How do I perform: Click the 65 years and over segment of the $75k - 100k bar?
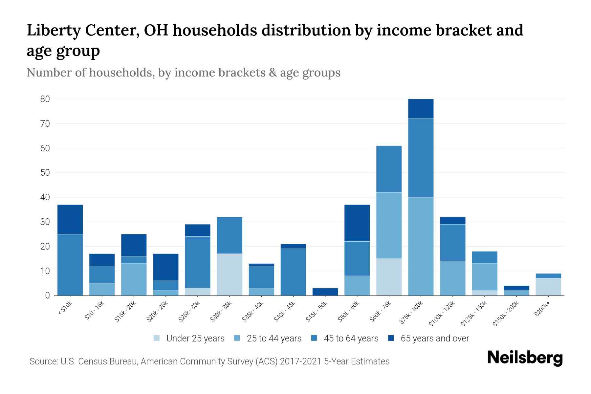coord(421,109)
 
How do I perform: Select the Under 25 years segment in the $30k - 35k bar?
coord(230,274)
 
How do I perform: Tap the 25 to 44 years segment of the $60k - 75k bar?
coord(389,225)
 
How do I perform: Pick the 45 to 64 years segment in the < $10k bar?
coord(70,265)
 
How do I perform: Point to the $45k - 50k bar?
coord(325,292)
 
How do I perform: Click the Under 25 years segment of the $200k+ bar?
coord(548,287)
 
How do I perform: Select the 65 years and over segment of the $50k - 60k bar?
coord(357,223)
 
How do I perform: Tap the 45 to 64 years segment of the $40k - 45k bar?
coord(293,272)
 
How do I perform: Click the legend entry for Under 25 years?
coord(189,339)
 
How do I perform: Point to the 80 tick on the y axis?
coord(45,99)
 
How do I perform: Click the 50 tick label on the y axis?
coord(45,173)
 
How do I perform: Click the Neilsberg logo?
coord(525,358)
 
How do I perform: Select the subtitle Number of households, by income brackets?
coord(183,73)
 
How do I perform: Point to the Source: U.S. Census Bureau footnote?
coord(209,361)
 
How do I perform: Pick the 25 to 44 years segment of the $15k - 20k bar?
coord(134,279)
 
